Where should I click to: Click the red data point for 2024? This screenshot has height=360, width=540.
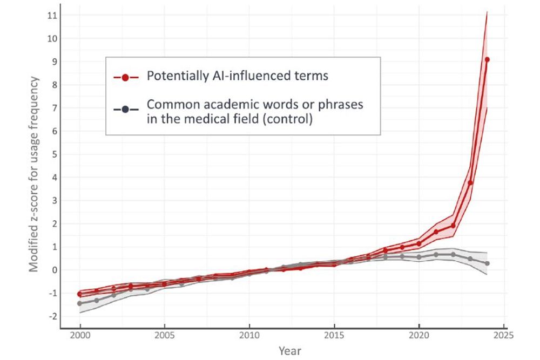tap(487, 59)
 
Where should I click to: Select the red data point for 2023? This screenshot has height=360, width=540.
tap(470, 182)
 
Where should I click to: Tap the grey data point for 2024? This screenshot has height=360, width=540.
tap(487, 263)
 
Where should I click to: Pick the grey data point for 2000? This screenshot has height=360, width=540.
tap(80, 303)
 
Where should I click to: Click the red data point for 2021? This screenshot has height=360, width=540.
tap(436, 232)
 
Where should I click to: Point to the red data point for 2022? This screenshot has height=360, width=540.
tap(453, 226)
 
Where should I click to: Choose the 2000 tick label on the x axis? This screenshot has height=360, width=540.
tap(80, 335)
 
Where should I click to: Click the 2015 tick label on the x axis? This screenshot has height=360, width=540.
tap(334, 335)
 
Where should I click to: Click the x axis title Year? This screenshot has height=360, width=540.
tap(290, 351)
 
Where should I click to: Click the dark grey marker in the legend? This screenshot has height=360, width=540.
tap(125, 110)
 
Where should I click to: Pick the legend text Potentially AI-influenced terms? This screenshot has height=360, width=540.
tap(238, 76)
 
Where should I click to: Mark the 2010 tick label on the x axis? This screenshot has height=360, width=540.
tap(249, 335)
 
